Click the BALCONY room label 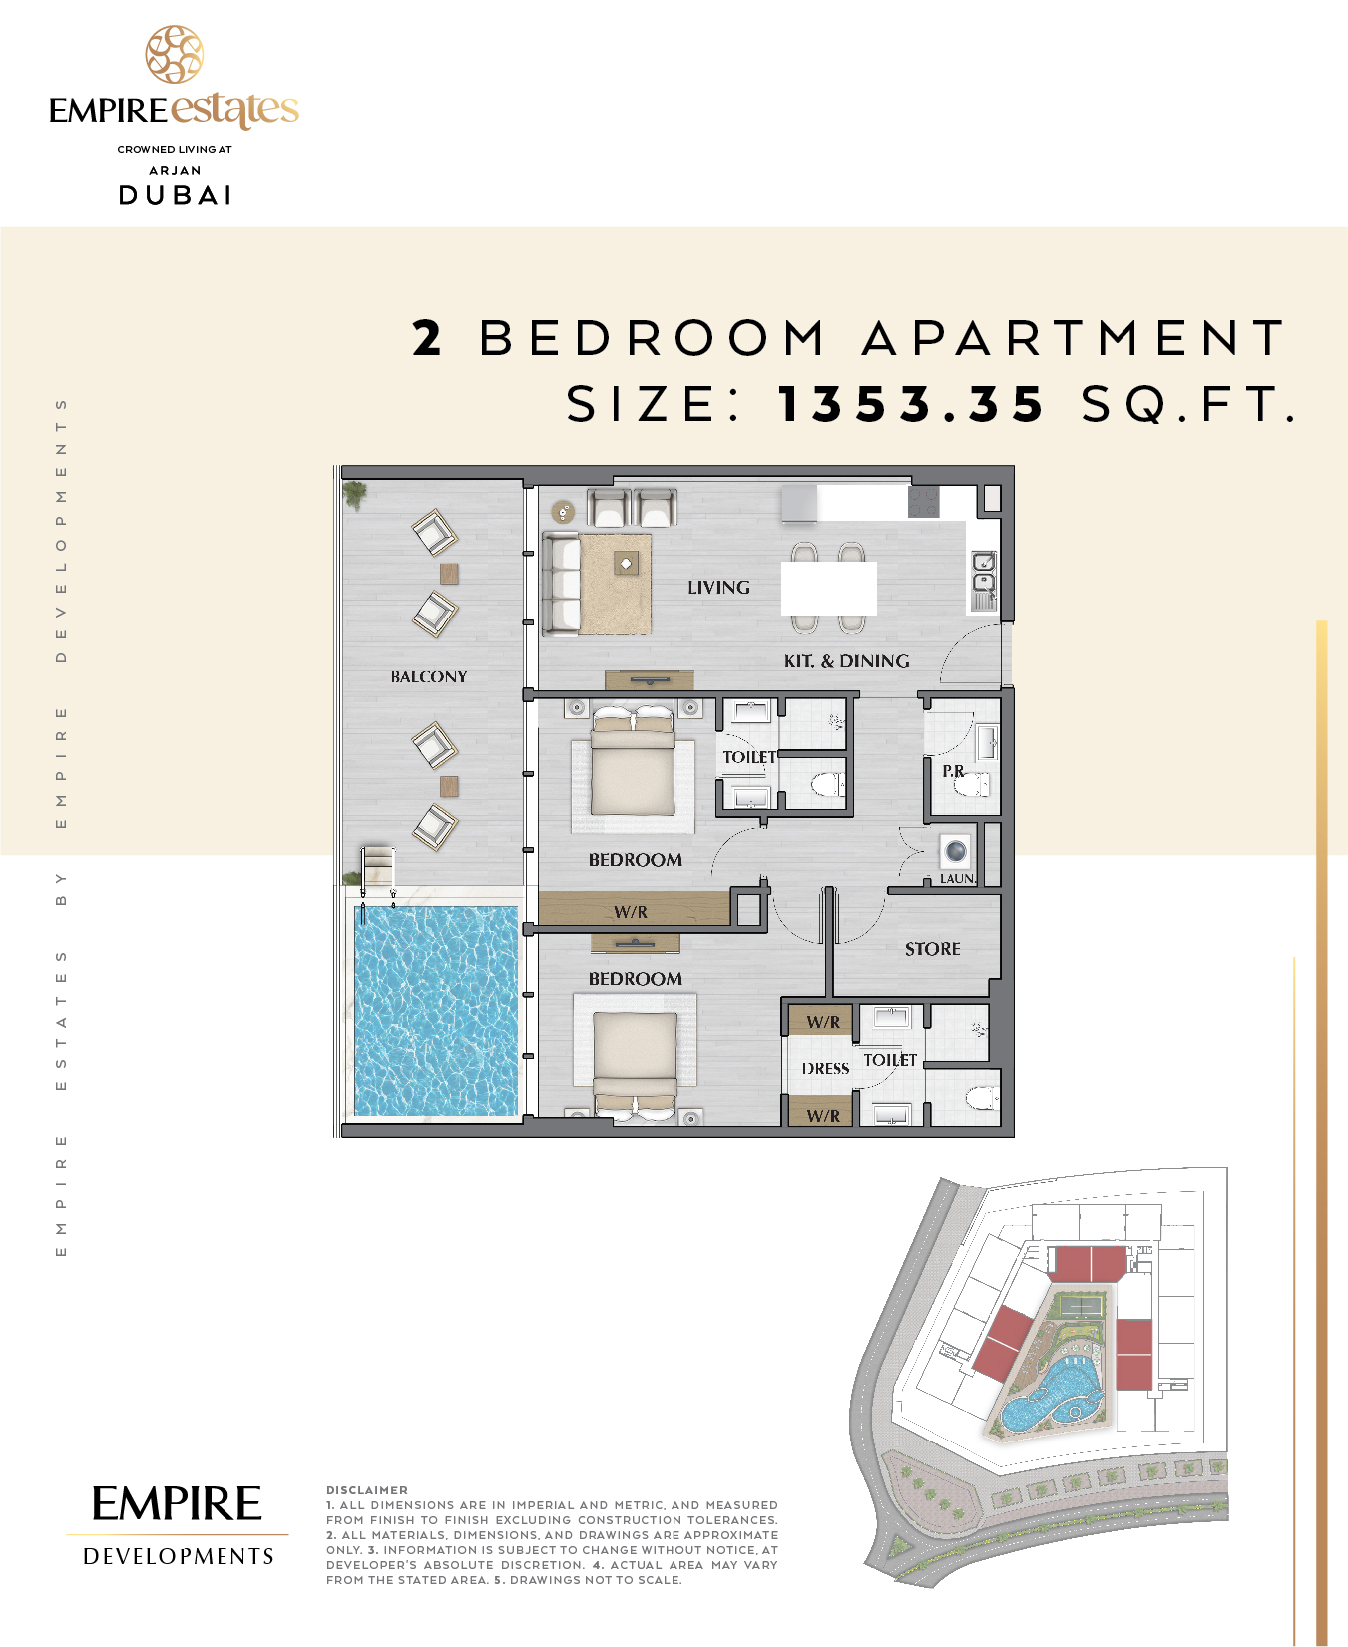point(429,676)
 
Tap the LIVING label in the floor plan point(718,588)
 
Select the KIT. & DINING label point(846,661)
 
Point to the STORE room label point(933,949)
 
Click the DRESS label point(826,1069)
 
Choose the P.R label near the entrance point(953,771)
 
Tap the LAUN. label point(958,879)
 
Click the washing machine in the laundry point(956,851)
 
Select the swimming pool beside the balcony point(436,1011)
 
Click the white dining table point(828,588)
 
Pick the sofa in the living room point(561,584)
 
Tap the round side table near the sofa point(564,512)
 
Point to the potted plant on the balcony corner point(354,494)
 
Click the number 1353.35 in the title point(911,404)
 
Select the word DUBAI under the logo point(176,195)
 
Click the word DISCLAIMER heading point(367,1490)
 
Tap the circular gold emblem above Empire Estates point(175,55)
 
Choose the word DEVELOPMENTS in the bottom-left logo point(179,1556)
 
